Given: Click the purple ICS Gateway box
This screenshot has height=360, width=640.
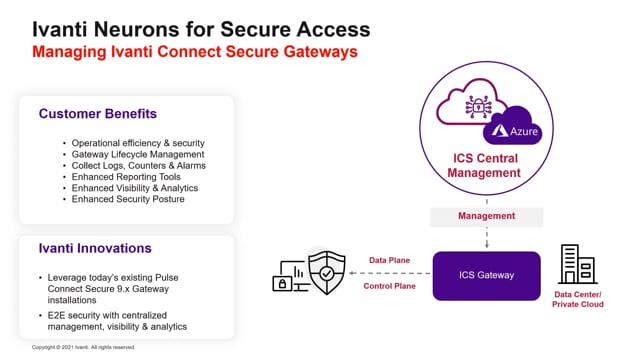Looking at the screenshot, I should [x=486, y=276].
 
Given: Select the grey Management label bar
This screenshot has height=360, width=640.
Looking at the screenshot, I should [x=486, y=216].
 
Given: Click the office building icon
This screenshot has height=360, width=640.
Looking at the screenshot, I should [x=577, y=264].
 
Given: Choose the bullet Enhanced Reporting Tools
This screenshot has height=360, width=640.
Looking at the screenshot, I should [x=125, y=176].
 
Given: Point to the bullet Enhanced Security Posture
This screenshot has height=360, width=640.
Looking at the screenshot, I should [x=129, y=199].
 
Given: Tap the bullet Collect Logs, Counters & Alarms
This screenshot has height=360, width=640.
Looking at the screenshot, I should [x=139, y=165].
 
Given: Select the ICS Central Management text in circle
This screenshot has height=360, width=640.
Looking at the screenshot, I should [x=485, y=165].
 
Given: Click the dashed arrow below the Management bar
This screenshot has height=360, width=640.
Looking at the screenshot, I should [x=486, y=237].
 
